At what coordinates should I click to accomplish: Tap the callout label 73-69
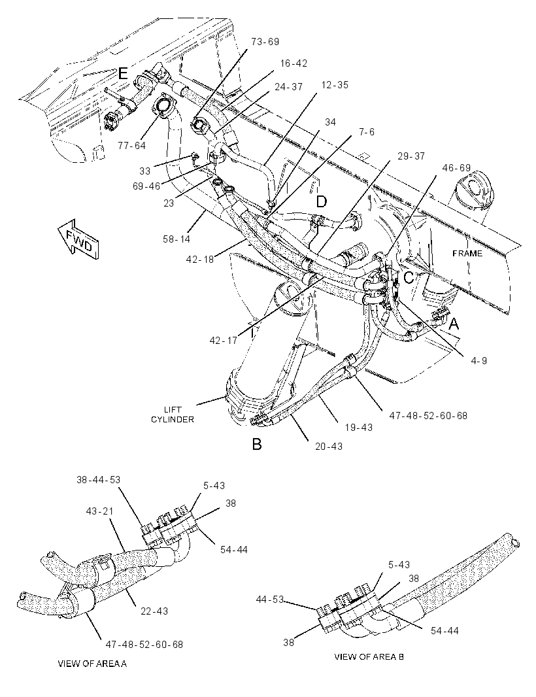(265, 42)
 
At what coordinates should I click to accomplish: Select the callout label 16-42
(293, 63)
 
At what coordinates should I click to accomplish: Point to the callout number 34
(330, 122)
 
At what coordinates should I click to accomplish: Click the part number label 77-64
(132, 145)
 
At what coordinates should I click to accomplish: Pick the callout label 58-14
(176, 239)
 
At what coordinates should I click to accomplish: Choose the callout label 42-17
(224, 341)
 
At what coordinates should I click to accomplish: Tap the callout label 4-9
(478, 360)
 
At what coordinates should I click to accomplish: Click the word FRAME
(467, 254)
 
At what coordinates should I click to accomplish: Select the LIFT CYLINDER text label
(173, 415)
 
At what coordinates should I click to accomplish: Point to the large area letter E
(123, 73)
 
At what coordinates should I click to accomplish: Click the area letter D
(322, 202)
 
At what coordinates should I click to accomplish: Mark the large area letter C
(409, 278)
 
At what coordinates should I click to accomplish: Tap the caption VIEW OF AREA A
(92, 664)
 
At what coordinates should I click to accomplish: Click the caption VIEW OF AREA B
(369, 656)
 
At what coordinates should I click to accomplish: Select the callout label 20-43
(329, 446)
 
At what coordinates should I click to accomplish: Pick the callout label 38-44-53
(98, 480)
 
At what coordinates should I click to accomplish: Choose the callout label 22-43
(154, 611)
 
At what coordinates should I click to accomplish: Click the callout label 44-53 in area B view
(270, 599)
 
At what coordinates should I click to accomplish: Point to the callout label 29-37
(411, 156)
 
